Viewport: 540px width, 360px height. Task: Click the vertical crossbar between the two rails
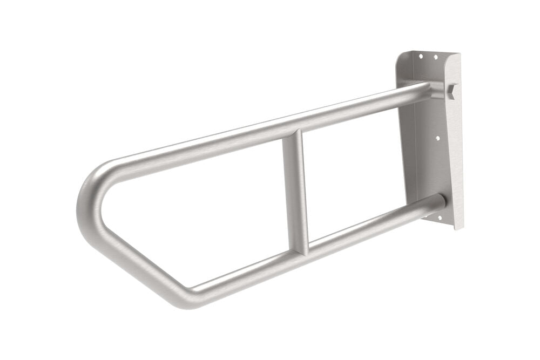(x=296, y=194)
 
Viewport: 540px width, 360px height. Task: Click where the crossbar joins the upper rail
(x=294, y=135)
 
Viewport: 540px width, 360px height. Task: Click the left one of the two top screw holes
(x=423, y=54)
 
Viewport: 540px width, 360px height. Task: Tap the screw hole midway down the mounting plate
(x=437, y=138)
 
